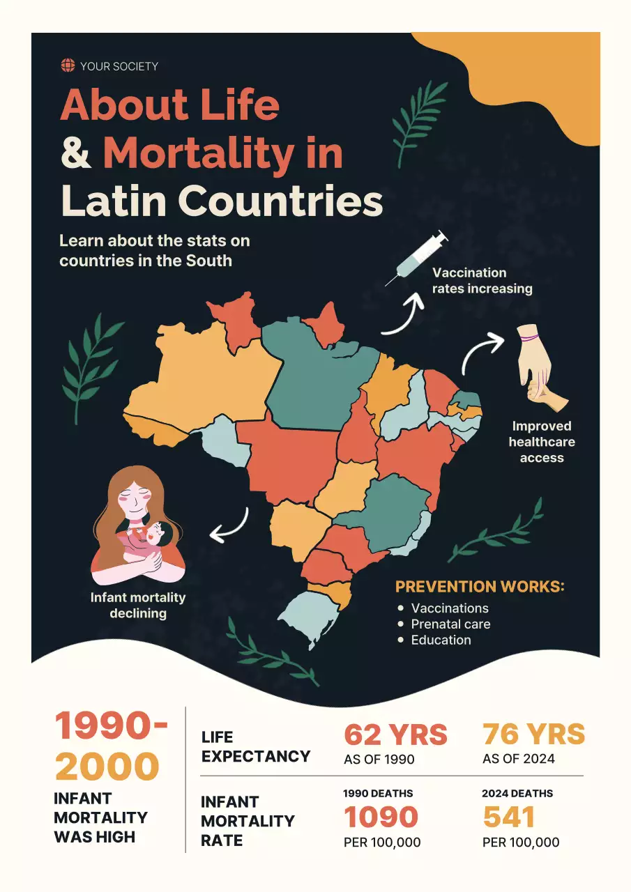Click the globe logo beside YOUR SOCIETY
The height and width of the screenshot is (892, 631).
pos(68,66)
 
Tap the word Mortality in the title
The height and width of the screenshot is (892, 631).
pos(197,152)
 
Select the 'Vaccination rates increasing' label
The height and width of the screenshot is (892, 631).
pos(482,280)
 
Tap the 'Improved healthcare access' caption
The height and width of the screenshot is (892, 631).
pos(542,442)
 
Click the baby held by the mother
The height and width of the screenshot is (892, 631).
pos(157,537)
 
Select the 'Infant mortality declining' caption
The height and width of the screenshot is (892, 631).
pos(138,605)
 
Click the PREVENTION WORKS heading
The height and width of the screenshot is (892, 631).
pos(480,587)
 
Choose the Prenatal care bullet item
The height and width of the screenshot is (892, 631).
pos(450,624)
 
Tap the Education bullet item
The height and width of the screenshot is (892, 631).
pos(441,640)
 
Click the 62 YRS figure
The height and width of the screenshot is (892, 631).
pos(395,735)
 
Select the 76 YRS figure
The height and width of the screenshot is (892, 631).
pos(534,735)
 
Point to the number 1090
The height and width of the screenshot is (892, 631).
pos(381,817)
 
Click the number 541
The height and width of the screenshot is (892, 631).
pos(509,817)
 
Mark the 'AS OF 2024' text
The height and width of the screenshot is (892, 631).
pos(519,759)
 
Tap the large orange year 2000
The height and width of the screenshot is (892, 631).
pos(107,767)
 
